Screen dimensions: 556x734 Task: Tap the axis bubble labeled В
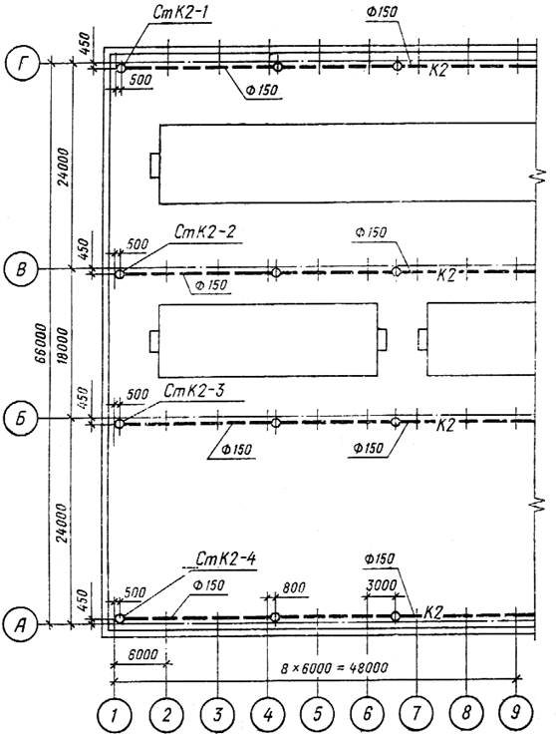tap(20, 269)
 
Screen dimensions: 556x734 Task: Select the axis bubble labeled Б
tap(19, 419)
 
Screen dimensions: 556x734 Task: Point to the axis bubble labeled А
tap(19, 624)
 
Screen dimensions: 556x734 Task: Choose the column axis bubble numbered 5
tap(318, 713)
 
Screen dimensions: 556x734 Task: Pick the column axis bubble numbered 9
tap(516, 711)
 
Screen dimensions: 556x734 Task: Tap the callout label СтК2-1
tap(180, 13)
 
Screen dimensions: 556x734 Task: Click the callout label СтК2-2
tap(205, 231)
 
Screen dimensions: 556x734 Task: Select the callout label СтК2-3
tap(193, 391)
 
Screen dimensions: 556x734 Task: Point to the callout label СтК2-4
tap(226, 558)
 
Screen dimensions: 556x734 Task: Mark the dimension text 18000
tap(63, 346)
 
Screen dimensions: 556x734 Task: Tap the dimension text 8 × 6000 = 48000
tap(334, 667)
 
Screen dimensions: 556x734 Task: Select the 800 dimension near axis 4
tap(294, 587)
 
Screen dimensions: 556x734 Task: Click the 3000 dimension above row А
tap(381, 585)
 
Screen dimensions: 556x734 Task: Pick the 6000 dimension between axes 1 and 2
tap(142, 654)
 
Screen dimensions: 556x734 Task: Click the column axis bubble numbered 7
tap(417, 713)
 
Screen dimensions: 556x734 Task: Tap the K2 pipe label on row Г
tap(438, 70)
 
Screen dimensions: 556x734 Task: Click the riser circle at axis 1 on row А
tap(120, 618)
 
